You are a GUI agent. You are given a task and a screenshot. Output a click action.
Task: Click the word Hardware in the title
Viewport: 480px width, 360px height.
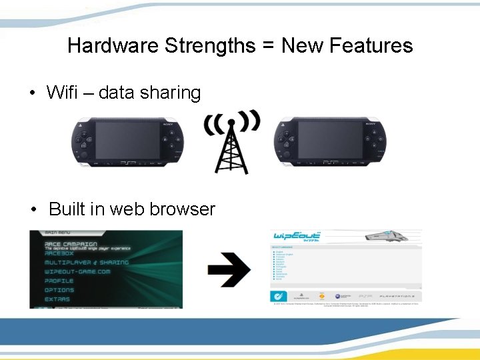click(113, 46)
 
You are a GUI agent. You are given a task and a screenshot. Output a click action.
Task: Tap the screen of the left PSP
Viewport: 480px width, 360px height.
click(127, 139)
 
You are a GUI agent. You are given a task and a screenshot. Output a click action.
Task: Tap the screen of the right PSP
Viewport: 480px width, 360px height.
click(330, 139)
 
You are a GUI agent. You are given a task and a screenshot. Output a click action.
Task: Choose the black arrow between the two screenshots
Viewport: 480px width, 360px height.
click(229, 269)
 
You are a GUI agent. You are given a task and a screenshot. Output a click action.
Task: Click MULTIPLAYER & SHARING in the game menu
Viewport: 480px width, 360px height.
click(87, 263)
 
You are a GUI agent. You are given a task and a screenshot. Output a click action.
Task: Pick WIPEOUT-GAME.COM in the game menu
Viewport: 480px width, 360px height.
click(77, 272)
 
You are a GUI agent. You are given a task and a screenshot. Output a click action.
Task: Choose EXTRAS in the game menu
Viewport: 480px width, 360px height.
click(57, 299)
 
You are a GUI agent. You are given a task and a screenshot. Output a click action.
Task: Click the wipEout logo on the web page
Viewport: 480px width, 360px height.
click(297, 237)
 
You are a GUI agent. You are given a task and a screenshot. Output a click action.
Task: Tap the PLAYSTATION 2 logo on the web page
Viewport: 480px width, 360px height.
click(398, 295)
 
